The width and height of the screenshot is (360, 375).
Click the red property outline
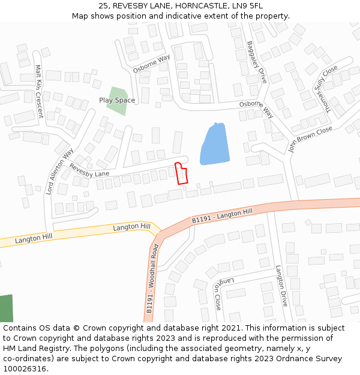click(181, 173)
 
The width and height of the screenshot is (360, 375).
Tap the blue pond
click(214, 145)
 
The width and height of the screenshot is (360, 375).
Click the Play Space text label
click(117, 100)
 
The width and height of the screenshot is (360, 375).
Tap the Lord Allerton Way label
click(59, 171)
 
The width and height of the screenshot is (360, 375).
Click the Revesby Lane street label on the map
click(89, 170)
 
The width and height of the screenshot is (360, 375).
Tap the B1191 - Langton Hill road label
click(223, 217)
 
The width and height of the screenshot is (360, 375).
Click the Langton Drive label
click(282, 286)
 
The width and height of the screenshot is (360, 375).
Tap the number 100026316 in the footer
click(25, 369)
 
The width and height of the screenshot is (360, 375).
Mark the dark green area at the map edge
click(5, 308)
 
